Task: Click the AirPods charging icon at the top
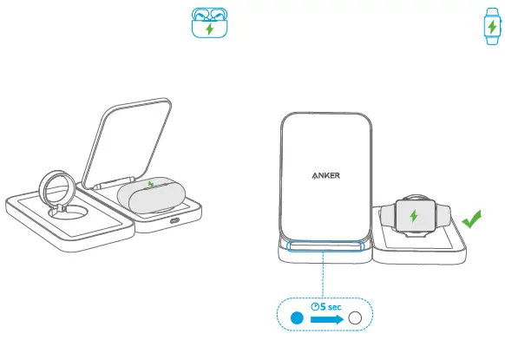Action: (x=207, y=23)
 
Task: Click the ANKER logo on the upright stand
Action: (x=325, y=173)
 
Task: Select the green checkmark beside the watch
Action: (x=471, y=221)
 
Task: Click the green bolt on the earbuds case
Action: (x=153, y=184)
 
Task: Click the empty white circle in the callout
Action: (x=355, y=319)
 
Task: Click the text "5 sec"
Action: (x=330, y=305)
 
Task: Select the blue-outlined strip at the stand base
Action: (x=324, y=252)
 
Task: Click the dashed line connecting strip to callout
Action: (x=324, y=278)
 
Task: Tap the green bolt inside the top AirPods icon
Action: (x=207, y=29)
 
